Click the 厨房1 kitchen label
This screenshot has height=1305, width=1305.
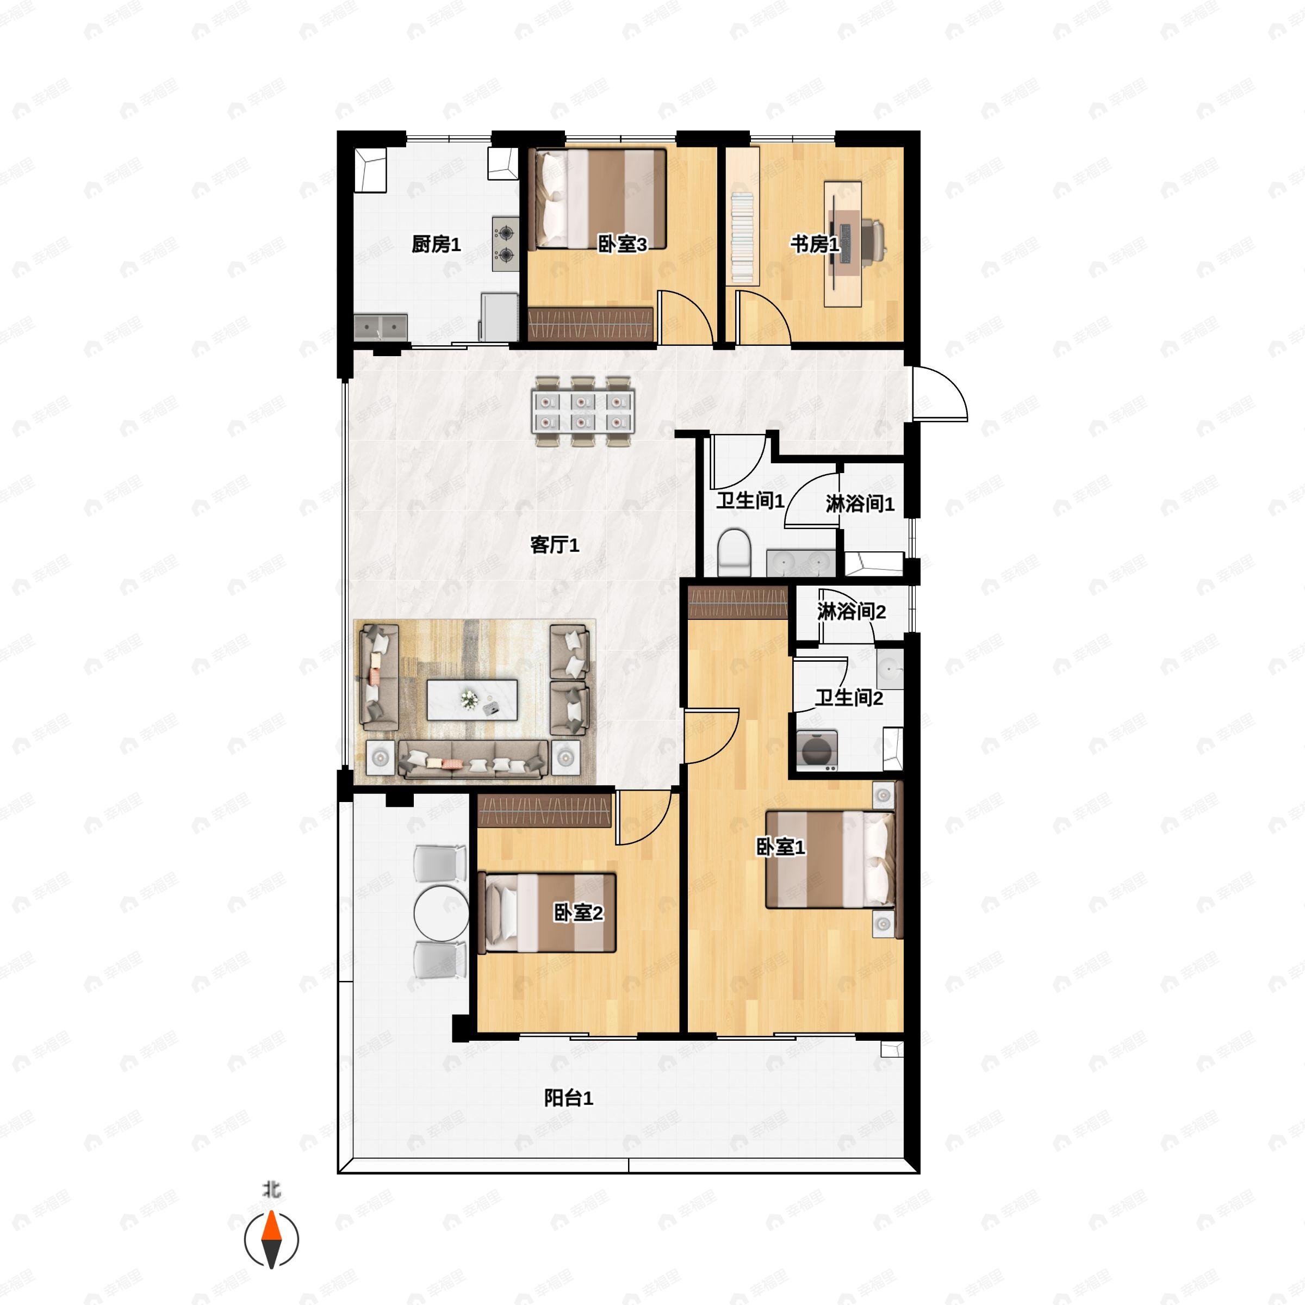pyautogui.click(x=436, y=245)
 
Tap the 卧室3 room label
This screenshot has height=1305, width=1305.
pyautogui.click(x=622, y=245)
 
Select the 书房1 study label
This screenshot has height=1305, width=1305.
pyautogui.click(x=815, y=245)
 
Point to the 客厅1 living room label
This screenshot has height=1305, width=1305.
pyautogui.click(x=555, y=544)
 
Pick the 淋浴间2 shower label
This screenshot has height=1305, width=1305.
pyautogui.click(x=851, y=611)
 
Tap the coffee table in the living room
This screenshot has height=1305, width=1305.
pyautogui.click(x=472, y=700)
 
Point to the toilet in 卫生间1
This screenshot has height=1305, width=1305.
pyautogui.click(x=734, y=552)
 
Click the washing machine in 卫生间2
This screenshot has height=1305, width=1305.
pyautogui.click(x=817, y=750)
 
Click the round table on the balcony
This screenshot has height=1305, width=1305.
pyautogui.click(x=441, y=912)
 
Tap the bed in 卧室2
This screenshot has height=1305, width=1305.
pyautogui.click(x=547, y=912)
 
